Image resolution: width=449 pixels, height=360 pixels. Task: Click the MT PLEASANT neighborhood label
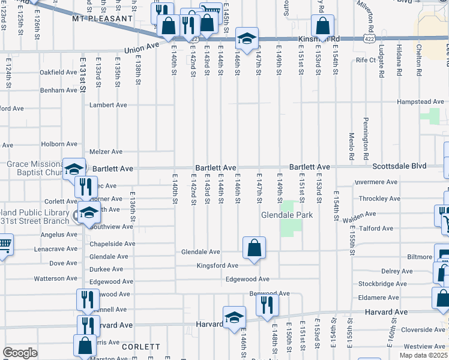click(x=101, y=19)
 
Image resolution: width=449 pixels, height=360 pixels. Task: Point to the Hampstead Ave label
click(x=420, y=102)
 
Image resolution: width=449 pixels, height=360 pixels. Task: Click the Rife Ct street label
click(x=365, y=60)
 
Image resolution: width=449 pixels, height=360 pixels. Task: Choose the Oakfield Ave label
click(x=58, y=72)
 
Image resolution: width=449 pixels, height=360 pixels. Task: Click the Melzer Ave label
click(x=106, y=152)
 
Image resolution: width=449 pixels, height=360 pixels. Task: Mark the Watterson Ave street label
click(x=55, y=278)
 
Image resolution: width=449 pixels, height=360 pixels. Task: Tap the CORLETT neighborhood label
click(x=140, y=347)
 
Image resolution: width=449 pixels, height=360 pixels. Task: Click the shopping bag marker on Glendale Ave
click(x=255, y=247)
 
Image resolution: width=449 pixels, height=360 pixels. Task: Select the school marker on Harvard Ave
click(x=234, y=317)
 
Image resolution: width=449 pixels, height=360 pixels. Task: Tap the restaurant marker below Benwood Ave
click(x=267, y=305)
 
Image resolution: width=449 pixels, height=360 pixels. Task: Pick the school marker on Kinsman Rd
click(x=246, y=38)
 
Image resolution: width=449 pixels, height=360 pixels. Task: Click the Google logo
click(x=20, y=353)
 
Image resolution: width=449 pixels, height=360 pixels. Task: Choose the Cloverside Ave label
click(x=423, y=329)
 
